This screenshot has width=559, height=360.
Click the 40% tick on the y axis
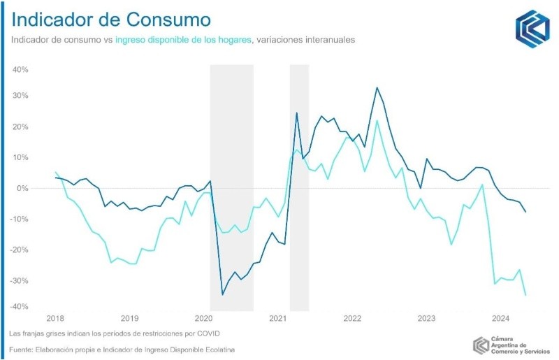[x=19, y=70]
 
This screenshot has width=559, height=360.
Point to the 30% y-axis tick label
[x=19, y=95]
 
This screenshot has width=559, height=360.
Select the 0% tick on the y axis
[x=21, y=188]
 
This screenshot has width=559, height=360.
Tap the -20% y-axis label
[x=18, y=250]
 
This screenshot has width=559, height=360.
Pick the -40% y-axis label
[x=18, y=307]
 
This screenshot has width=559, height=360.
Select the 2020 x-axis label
[x=201, y=319]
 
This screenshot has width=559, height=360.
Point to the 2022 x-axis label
[x=351, y=319]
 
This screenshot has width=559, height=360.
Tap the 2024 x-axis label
[x=500, y=319]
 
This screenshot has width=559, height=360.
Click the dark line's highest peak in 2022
[x=377, y=88]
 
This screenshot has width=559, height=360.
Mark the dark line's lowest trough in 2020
[x=222, y=294]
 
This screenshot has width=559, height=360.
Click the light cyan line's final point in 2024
[x=525, y=295]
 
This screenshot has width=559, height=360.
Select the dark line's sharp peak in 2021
[x=297, y=113]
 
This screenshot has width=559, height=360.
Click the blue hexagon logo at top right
[x=532, y=29]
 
